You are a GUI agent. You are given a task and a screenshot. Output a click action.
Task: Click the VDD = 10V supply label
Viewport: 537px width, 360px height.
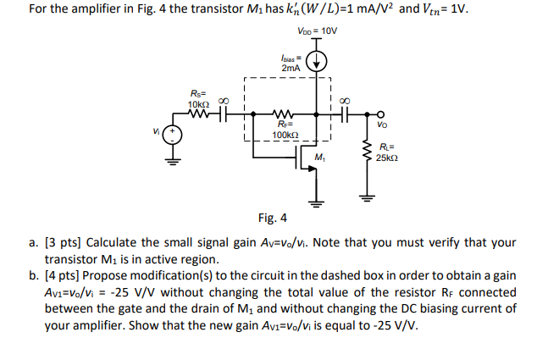coord(317,30)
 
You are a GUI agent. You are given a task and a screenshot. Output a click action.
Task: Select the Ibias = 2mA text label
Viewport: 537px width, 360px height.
coord(290,63)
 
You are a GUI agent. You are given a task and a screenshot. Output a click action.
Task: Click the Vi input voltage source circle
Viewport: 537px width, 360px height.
coord(173,134)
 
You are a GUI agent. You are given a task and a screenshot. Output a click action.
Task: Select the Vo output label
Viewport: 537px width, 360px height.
coord(384,125)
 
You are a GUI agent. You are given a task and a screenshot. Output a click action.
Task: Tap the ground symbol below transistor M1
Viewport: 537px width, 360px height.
coord(318,202)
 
